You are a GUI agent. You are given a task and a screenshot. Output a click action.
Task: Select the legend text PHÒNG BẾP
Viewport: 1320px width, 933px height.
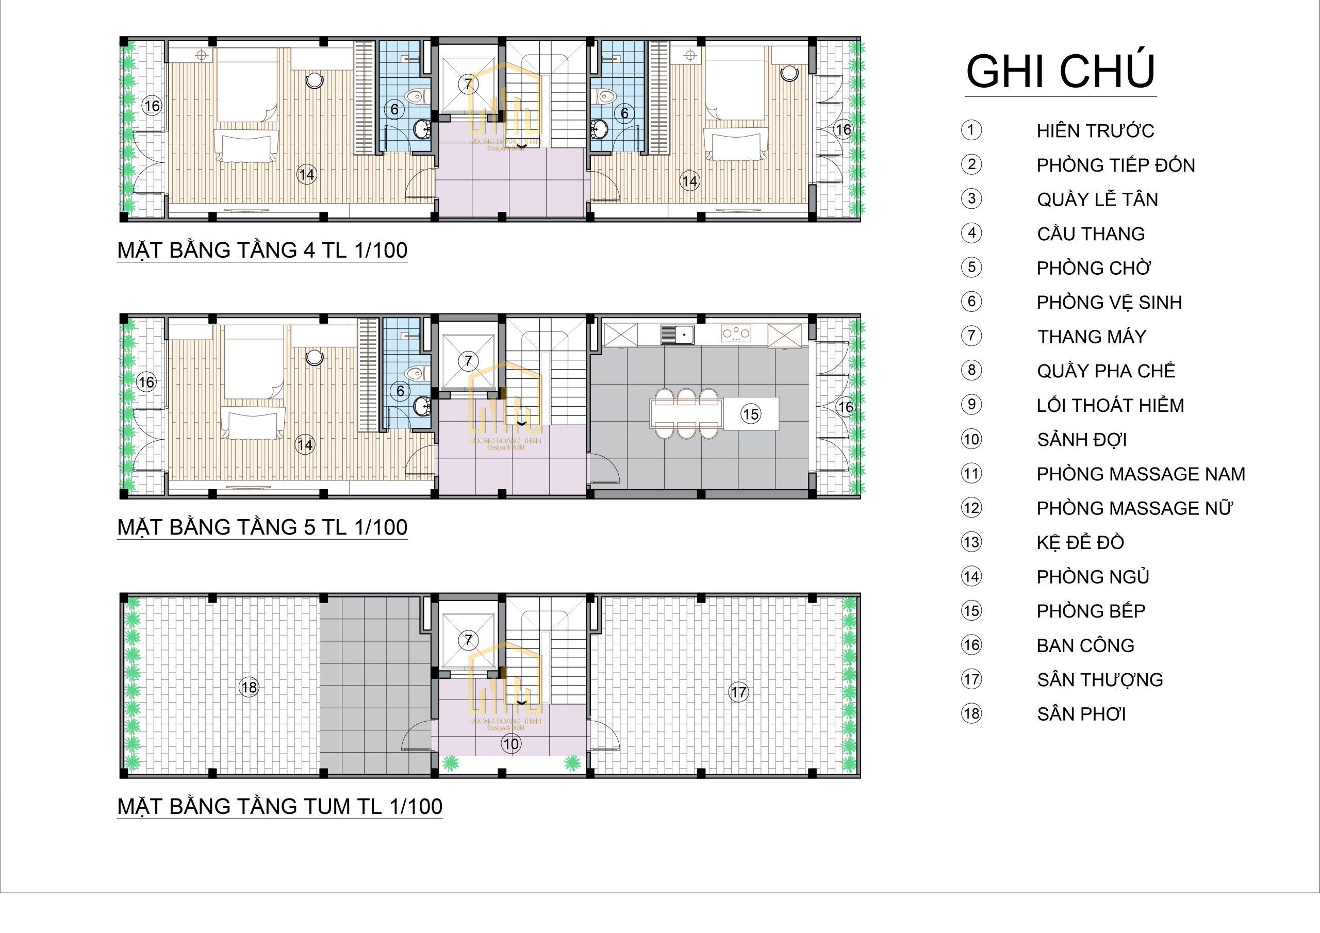pos(1091,611)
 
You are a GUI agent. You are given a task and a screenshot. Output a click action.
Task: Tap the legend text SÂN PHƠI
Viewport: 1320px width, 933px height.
pos(1081,714)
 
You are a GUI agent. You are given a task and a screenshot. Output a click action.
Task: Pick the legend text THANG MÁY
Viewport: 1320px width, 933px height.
pos(1091,336)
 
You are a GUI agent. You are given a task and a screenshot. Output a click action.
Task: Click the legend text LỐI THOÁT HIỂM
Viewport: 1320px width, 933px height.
pos(1110,405)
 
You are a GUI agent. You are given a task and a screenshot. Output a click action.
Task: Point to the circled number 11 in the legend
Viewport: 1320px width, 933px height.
pos(971,474)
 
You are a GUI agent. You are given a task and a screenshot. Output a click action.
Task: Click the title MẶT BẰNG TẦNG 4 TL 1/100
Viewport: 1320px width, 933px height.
pos(262,250)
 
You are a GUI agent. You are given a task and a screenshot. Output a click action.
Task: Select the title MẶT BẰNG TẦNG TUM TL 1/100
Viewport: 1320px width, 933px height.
pos(280,807)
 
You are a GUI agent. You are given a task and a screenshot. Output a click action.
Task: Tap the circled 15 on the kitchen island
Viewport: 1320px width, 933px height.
pos(751,414)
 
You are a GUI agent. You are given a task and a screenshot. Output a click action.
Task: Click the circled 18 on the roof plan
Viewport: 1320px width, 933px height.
pos(249,687)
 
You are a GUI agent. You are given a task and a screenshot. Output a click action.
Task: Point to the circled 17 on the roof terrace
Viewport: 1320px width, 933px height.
pos(739,692)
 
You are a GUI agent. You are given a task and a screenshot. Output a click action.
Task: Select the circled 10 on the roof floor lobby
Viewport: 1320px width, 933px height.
pos(511,744)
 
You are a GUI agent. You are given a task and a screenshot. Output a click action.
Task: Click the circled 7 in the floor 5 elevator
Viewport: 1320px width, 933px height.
pos(469,361)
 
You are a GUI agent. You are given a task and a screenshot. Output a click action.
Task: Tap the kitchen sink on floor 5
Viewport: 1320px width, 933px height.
pos(677,334)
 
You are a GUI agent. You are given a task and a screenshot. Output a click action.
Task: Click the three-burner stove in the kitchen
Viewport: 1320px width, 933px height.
pos(736,334)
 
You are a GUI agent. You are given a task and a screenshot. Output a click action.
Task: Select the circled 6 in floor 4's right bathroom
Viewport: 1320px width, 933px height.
pos(624,113)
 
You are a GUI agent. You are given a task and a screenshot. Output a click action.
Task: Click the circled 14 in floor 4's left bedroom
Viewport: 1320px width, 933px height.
pos(306,174)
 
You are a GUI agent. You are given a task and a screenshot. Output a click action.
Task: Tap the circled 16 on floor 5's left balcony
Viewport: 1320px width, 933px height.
pos(146,382)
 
